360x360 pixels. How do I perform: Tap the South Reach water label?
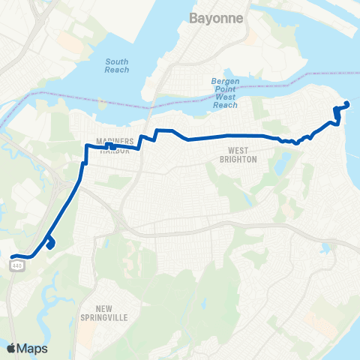117,65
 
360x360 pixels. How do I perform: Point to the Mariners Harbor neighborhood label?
115,145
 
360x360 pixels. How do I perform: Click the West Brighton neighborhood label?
238,154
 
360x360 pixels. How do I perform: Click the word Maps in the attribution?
32,347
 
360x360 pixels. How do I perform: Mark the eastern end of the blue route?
346,104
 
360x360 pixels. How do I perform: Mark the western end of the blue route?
13,257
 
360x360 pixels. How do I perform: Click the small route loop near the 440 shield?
50,243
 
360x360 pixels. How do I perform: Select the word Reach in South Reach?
117,70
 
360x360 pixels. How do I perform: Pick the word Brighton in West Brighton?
238,159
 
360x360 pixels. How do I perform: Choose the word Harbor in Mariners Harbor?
115,150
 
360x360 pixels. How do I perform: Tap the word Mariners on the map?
115,140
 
